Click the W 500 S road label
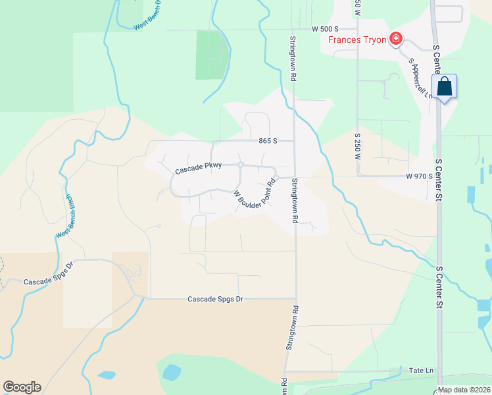click(x=325, y=30)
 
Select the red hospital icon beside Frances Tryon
click(x=396, y=39)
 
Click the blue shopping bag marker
click(x=444, y=86)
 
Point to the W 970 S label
click(x=419, y=176)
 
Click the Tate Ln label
click(x=421, y=371)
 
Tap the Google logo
click(x=22, y=387)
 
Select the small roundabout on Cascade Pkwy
click(x=241, y=165)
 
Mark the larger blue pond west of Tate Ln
click(x=171, y=372)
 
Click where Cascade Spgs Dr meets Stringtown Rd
click(x=295, y=298)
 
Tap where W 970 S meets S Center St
click(x=438, y=176)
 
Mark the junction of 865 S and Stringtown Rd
click(x=293, y=141)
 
